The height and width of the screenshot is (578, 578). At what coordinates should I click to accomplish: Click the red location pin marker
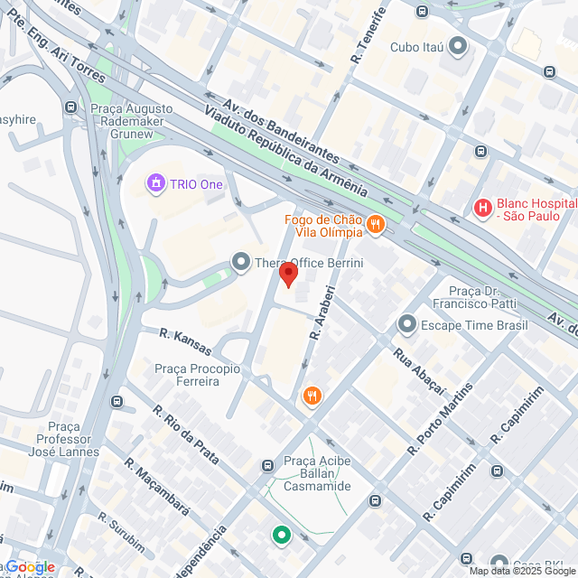click(x=288, y=275)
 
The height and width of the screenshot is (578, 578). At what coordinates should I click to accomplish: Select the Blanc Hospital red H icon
click(x=483, y=209)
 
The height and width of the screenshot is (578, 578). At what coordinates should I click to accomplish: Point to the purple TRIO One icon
click(x=157, y=184)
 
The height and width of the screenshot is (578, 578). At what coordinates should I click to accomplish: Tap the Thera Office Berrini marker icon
click(x=241, y=263)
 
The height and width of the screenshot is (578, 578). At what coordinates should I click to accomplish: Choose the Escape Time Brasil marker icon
click(x=407, y=322)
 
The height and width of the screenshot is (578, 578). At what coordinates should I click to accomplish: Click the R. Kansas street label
click(x=185, y=341)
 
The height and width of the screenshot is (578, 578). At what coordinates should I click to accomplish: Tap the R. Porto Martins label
click(x=440, y=418)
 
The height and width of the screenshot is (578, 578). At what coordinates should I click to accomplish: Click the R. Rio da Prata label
click(x=185, y=434)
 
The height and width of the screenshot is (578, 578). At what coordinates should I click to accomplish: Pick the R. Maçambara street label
click(x=156, y=487)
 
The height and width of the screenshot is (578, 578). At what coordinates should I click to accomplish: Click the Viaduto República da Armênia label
click(x=285, y=150)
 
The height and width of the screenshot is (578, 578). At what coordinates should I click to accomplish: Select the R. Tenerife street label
click(x=369, y=34)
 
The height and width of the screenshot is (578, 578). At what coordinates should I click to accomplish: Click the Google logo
click(x=31, y=566)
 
